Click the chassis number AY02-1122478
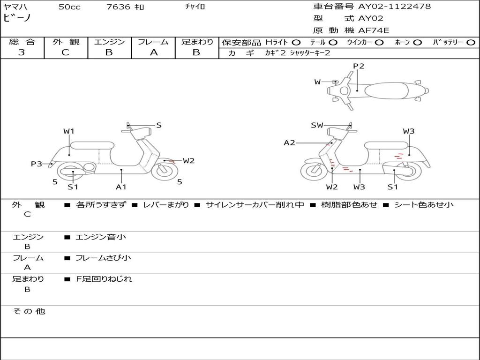[394, 7]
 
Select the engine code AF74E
[374, 30]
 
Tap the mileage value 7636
[118, 7]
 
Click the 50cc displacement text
[69, 7]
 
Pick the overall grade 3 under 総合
[22, 52]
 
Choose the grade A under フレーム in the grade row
[154, 52]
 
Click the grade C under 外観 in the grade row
[66, 52]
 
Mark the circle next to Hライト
[296, 43]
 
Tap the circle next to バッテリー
[471, 43]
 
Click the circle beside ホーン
[417, 43]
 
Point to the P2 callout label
[359, 66]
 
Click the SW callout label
[317, 125]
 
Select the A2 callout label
[289, 142]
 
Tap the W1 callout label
[69, 131]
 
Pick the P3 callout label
[36, 164]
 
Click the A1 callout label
[121, 187]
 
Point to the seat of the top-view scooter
[386, 90]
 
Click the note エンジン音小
[101, 237]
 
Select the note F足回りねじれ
[104, 279]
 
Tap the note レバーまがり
[166, 205]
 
